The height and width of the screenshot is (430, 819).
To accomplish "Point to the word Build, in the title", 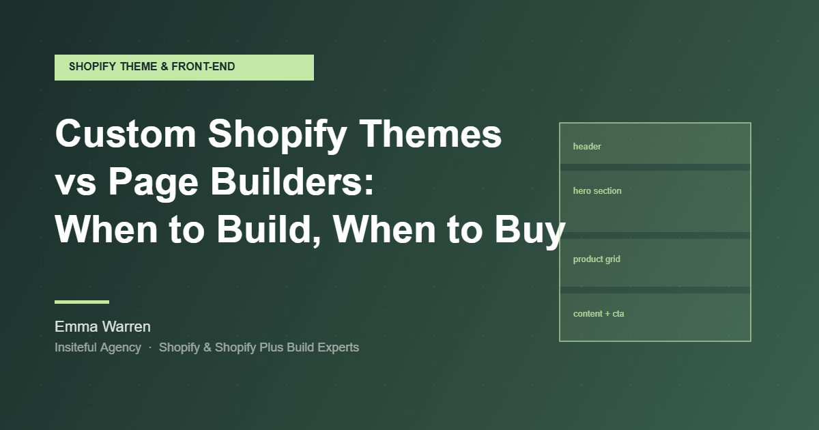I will pyautogui.click(x=270, y=230).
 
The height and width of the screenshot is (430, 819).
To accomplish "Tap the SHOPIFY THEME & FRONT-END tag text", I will pyautogui.click(x=152, y=67).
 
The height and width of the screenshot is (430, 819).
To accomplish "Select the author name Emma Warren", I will pyautogui.click(x=102, y=326).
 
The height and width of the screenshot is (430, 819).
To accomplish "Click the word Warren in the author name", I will pyautogui.click(x=126, y=326).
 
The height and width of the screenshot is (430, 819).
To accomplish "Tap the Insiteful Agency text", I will pyautogui.click(x=98, y=347).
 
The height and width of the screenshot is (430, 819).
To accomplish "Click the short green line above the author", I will pyautogui.click(x=82, y=302).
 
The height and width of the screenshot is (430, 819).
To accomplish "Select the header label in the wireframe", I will pyautogui.click(x=587, y=147).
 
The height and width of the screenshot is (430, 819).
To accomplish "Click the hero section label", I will pyautogui.click(x=597, y=191).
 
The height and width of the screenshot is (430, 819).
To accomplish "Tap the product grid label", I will pyautogui.click(x=597, y=259).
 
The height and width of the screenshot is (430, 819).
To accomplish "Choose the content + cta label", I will pyautogui.click(x=599, y=314).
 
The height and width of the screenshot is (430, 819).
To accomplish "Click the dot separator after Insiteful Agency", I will pyautogui.click(x=150, y=348).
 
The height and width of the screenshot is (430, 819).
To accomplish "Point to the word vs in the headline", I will pyautogui.click(x=73, y=183).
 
